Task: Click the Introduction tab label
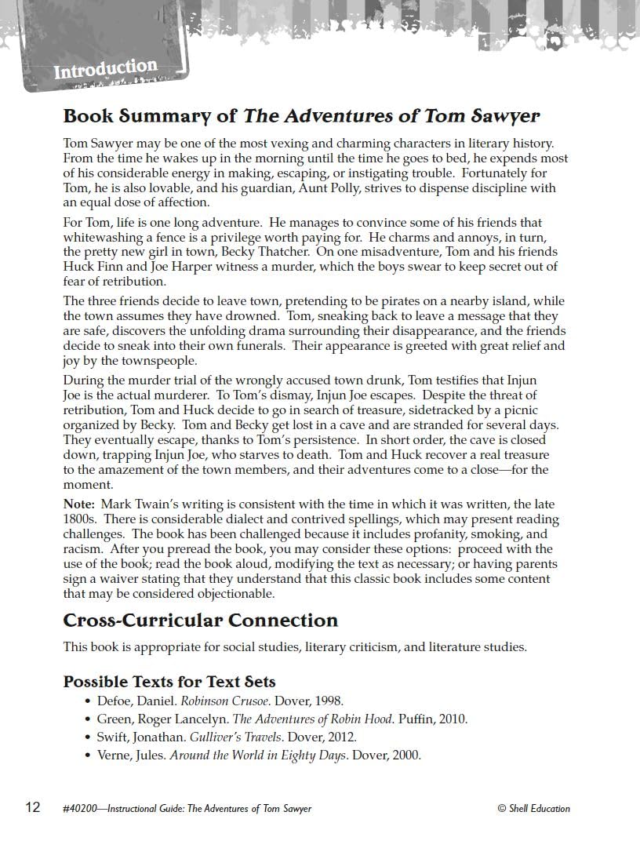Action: coord(105,69)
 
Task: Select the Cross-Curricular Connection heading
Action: coord(200,621)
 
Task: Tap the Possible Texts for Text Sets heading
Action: coord(169,681)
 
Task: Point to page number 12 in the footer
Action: coord(32,807)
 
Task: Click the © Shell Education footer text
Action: coord(533,808)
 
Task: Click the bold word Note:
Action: coord(79,504)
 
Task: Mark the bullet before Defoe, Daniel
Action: coord(88,701)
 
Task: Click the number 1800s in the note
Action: coord(79,519)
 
